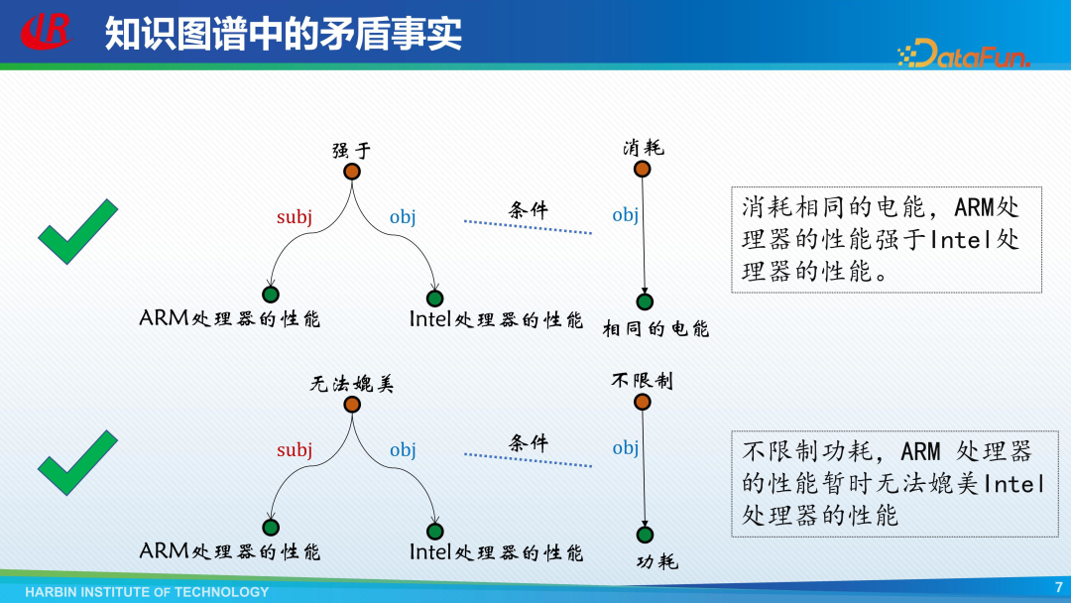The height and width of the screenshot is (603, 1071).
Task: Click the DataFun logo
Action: click(x=964, y=54)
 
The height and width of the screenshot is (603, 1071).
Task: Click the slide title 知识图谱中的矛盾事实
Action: click(x=284, y=33)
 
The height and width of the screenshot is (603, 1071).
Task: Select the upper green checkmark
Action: click(x=77, y=231)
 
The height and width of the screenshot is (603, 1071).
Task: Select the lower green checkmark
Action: click(x=77, y=462)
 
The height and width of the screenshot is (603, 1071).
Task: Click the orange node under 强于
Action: click(x=351, y=172)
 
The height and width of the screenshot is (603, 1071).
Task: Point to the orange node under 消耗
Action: click(x=642, y=170)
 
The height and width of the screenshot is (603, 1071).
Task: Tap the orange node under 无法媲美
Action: click(x=351, y=405)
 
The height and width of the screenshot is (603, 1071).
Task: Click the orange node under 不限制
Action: click(x=642, y=402)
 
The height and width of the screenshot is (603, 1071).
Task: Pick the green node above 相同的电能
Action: click(x=645, y=301)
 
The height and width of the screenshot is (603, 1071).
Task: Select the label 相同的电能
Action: click(x=656, y=329)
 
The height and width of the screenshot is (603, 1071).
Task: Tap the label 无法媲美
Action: click(x=352, y=384)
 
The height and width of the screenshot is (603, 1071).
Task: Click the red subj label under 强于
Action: click(x=295, y=217)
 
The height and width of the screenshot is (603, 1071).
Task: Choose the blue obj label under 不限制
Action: click(x=625, y=447)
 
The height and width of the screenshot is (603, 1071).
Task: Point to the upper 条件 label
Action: click(x=528, y=210)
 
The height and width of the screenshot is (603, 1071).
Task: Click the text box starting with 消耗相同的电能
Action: click(x=887, y=239)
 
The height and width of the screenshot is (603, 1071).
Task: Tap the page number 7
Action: click(x=1058, y=587)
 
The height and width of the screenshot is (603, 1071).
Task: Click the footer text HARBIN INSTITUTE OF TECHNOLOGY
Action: click(x=147, y=592)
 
